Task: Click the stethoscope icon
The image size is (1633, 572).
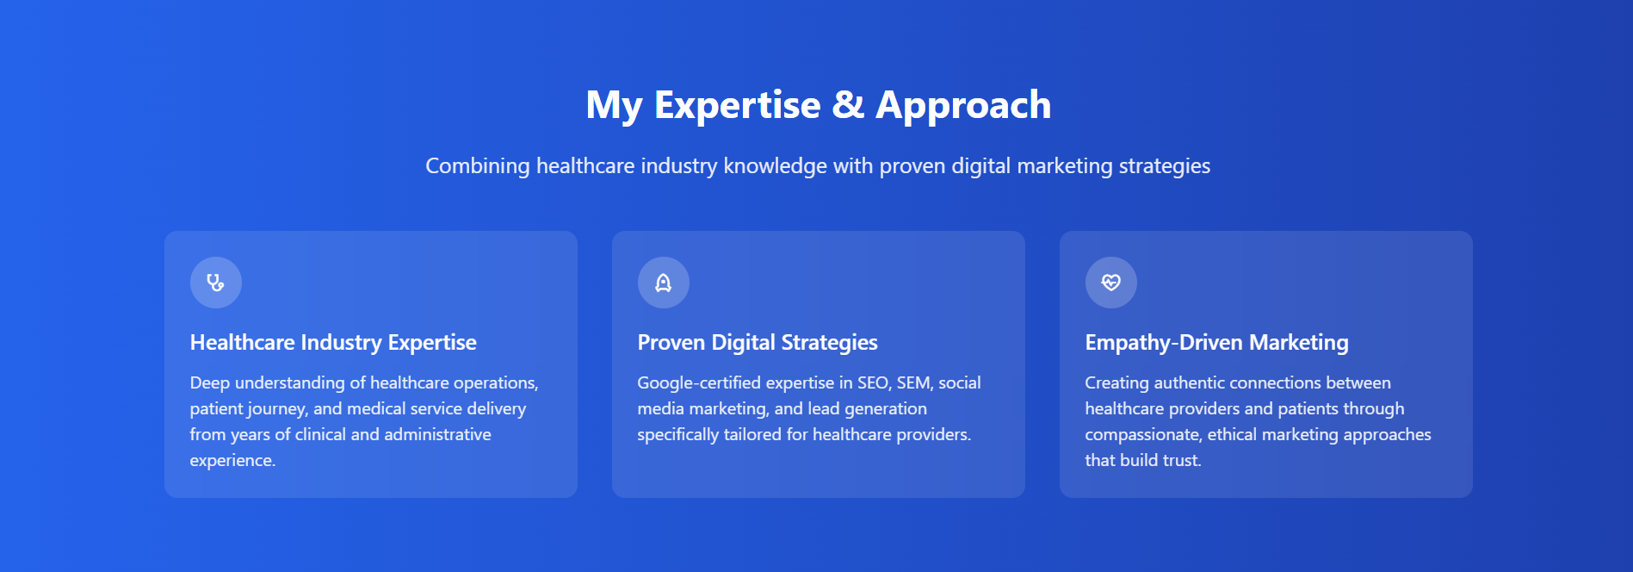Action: click(x=215, y=283)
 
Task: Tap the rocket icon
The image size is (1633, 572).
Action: click(x=663, y=283)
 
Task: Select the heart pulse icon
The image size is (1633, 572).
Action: click(x=1110, y=283)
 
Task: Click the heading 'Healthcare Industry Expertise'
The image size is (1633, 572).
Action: click(x=333, y=343)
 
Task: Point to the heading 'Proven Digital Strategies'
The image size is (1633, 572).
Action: click(x=758, y=343)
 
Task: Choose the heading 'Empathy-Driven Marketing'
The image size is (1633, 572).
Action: click(x=1216, y=343)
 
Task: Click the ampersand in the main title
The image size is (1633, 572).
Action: click(x=848, y=105)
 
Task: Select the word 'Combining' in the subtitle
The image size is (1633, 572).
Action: click(x=478, y=166)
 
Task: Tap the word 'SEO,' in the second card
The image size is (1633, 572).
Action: click(x=874, y=383)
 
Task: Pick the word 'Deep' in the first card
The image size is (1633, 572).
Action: click(x=209, y=383)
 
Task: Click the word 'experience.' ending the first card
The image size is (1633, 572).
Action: click(x=232, y=461)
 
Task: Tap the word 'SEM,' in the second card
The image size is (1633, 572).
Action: click(x=915, y=383)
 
